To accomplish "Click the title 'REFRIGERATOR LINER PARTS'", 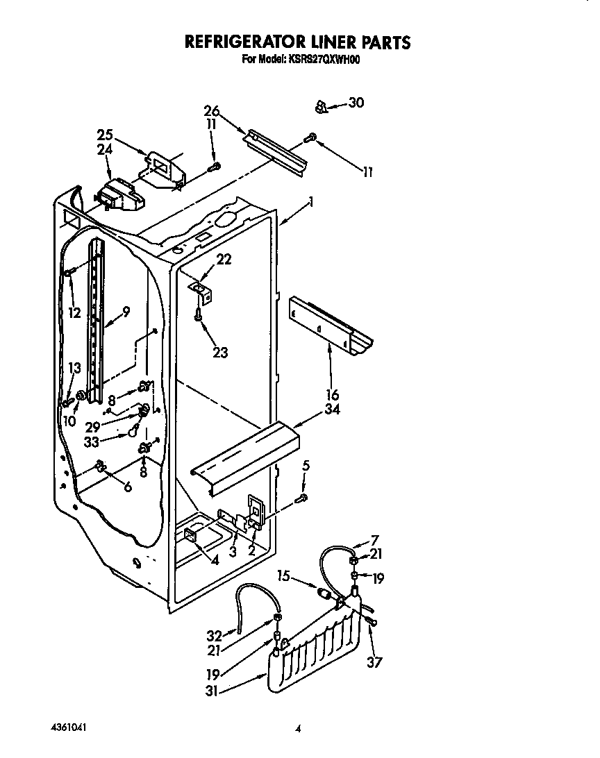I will pos(297,42).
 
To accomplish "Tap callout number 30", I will pos(356,103).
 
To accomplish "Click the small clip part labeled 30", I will pos(321,106).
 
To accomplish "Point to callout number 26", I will pos(212,111).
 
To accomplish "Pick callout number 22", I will pos(224,259).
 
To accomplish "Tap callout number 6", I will pos(127,487).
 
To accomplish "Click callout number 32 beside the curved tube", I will pos(215,635).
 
